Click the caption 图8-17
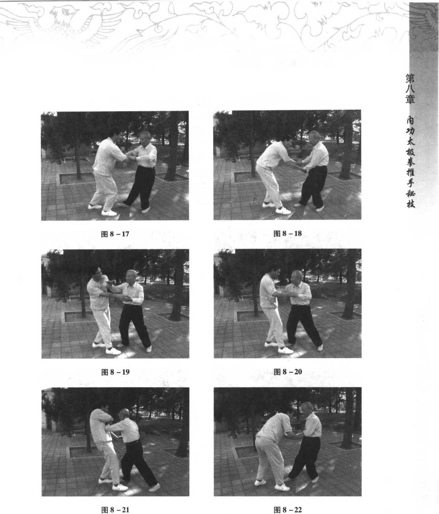click(x=115, y=234)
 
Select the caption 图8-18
click(x=287, y=234)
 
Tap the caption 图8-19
click(x=115, y=372)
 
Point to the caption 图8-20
click(x=288, y=372)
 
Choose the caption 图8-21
click(x=115, y=510)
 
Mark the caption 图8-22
click(x=288, y=510)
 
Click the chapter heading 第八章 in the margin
click(x=410, y=89)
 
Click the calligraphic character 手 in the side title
click(x=410, y=183)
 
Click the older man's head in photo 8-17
click(x=145, y=137)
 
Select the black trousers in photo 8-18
click(x=313, y=186)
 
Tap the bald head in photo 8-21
click(x=124, y=414)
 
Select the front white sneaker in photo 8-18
click(x=284, y=211)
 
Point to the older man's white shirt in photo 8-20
click(x=299, y=293)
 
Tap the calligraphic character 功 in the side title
click(x=410, y=131)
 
